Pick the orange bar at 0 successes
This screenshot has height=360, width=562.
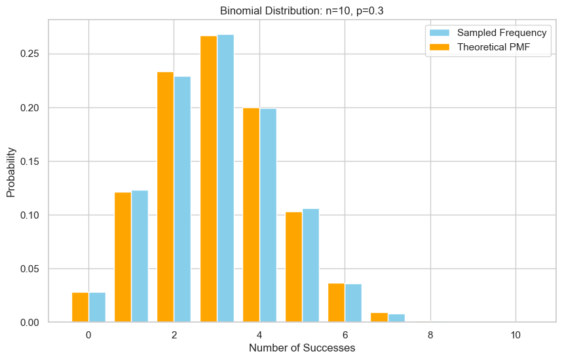click(x=80, y=307)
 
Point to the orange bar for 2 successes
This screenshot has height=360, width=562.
click(x=165, y=197)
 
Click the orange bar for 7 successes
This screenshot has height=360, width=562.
click(x=379, y=317)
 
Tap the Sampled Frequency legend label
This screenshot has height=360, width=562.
click(x=500, y=33)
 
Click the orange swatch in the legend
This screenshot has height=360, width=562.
click(x=439, y=47)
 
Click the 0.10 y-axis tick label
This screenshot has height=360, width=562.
click(x=29, y=215)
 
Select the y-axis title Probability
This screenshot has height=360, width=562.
click(x=11, y=171)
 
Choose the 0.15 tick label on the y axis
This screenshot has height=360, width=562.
click(x=29, y=162)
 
